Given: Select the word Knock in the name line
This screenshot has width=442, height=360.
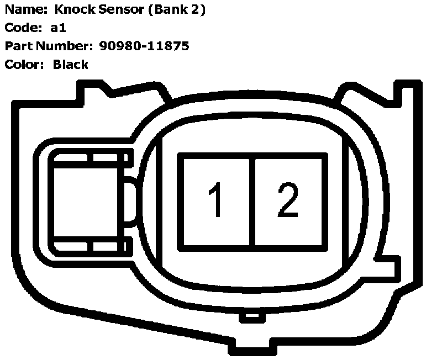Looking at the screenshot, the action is coord(73,10).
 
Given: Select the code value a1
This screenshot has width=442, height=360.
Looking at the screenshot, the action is coord(58,28).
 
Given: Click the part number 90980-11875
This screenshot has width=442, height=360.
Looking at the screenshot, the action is coord(144,46).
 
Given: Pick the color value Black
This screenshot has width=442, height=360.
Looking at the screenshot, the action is coord(71,64).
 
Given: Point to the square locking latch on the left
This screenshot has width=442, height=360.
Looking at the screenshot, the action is coord(88,202).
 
